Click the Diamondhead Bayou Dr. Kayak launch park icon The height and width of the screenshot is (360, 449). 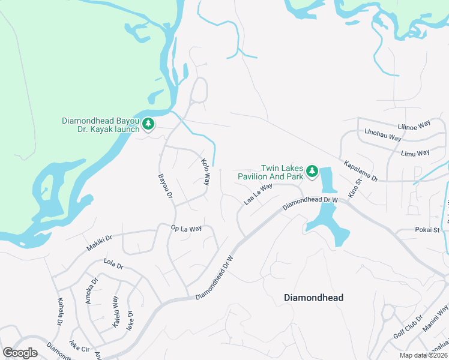click(x=148, y=125)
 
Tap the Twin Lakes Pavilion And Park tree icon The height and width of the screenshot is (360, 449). click(x=312, y=172)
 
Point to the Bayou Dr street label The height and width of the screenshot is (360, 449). click(x=165, y=187)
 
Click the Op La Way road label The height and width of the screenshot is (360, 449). click(x=186, y=228)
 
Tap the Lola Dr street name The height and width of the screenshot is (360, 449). click(x=113, y=264)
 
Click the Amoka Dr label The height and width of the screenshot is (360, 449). click(x=91, y=291)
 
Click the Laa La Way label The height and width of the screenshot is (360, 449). click(x=258, y=194)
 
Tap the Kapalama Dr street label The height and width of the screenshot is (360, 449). click(x=361, y=171)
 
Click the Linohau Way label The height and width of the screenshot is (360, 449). click(x=382, y=134)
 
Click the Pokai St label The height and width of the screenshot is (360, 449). click(x=428, y=230)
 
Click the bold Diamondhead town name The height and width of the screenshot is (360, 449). click(x=313, y=298)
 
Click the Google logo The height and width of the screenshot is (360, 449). click(x=20, y=352)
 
